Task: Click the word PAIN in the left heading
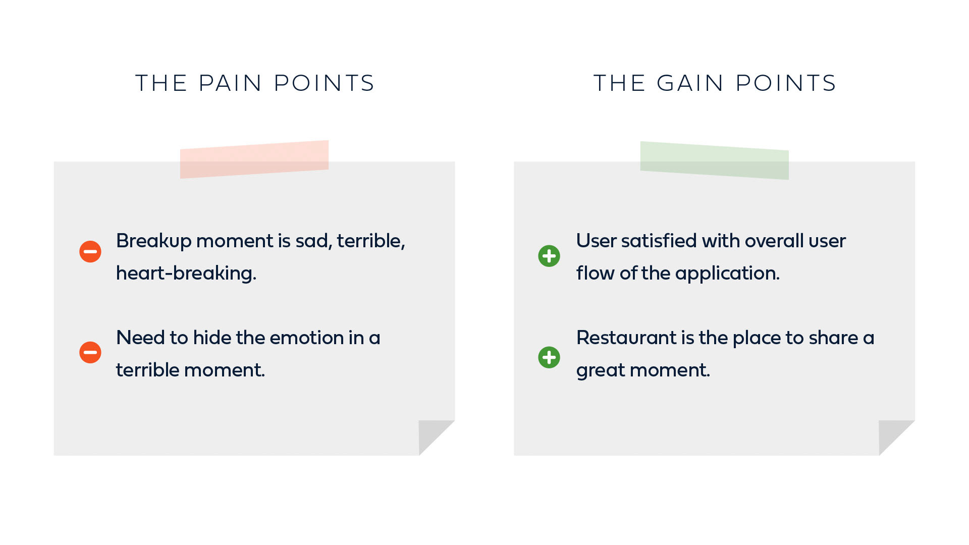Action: [x=230, y=83]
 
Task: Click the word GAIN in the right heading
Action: [x=690, y=83]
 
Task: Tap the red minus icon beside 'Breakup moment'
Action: [x=90, y=251]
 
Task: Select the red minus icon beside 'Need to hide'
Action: [x=90, y=352]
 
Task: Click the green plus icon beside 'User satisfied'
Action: [x=549, y=256]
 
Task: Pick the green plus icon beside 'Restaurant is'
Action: [x=549, y=357]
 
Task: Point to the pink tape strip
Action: [x=254, y=159]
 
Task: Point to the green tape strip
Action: [x=715, y=160]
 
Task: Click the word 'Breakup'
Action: [x=154, y=241]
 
